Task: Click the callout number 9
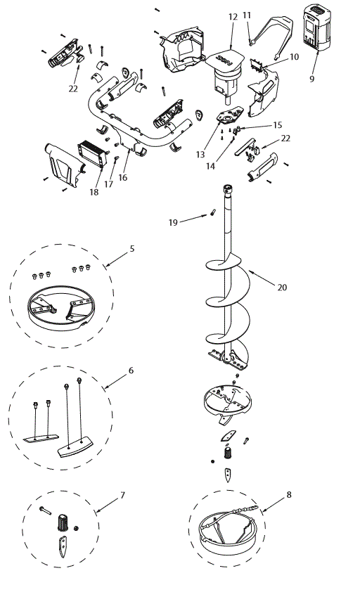pos(311,79)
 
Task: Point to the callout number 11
pos(247,15)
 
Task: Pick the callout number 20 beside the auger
pos(282,287)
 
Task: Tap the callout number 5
pos(131,248)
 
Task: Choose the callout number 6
pos(131,370)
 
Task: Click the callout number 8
pos(288,495)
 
